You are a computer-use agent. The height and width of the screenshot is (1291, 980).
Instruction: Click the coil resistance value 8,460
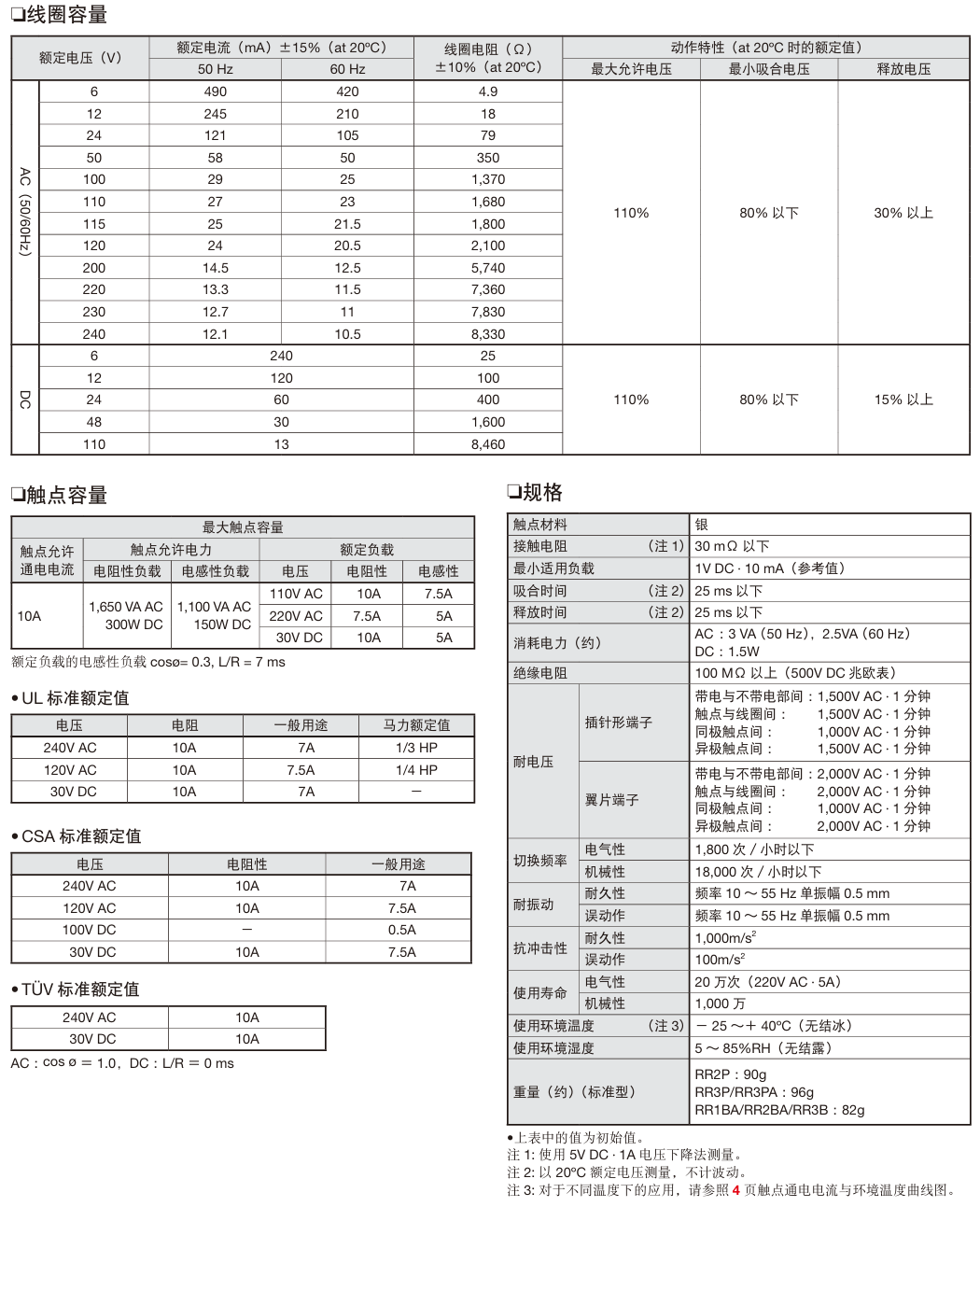tap(487, 444)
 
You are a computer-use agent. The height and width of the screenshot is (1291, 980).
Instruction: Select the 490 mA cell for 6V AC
tap(215, 91)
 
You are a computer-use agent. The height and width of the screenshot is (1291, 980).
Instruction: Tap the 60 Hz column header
tap(347, 69)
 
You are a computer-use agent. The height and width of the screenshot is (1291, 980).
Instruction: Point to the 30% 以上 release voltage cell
tap(903, 213)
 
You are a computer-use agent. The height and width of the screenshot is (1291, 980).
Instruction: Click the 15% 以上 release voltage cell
tap(903, 400)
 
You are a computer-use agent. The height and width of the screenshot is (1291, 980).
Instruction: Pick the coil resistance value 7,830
tap(487, 312)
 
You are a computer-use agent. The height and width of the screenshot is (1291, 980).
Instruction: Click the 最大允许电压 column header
tap(631, 69)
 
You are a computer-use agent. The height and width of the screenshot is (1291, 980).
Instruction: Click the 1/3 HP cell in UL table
tap(416, 748)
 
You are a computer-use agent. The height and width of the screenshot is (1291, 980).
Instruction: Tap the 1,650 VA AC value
tap(126, 607)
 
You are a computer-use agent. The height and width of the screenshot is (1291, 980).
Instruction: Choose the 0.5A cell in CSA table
tap(401, 930)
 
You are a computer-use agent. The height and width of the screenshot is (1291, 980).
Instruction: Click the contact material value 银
tap(702, 525)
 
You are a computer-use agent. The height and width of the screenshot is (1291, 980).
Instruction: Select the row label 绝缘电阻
tap(540, 673)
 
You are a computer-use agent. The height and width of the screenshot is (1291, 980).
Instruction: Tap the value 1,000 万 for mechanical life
tap(720, 1003)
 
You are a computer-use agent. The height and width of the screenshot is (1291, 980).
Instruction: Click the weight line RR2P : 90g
tap(730, 1074)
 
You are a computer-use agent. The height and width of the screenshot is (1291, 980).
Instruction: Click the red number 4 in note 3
tap(735, 1190)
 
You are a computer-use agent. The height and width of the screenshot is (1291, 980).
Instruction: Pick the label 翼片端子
tap(611, 800)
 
